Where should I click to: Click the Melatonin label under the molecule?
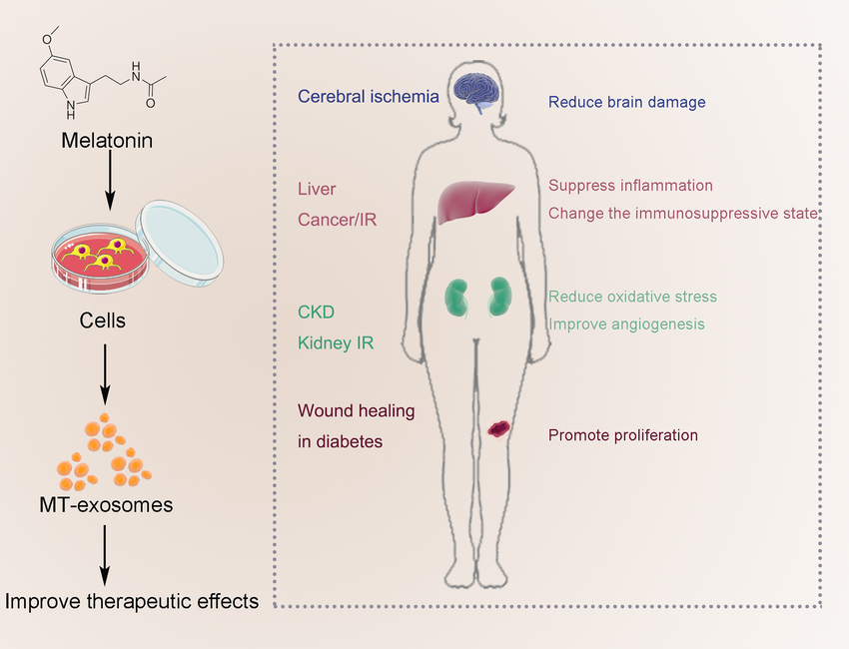pos(107,141)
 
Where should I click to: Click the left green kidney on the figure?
pos(458,298)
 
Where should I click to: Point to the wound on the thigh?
pos(497,428)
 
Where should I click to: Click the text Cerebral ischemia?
pos(369,97)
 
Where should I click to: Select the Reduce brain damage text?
pos(627,102)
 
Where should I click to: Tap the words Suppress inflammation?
pos(630,186)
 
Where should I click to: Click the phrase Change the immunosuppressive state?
pos(683,213)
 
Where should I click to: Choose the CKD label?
pos(316,314)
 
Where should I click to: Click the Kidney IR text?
pos(336,342)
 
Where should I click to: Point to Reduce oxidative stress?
pos(632,297)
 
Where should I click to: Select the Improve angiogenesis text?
pos(626,324)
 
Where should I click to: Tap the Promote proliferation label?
pos(623,435)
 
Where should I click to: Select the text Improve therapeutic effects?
pos(132,601)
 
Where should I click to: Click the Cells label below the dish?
pos(102,322)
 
